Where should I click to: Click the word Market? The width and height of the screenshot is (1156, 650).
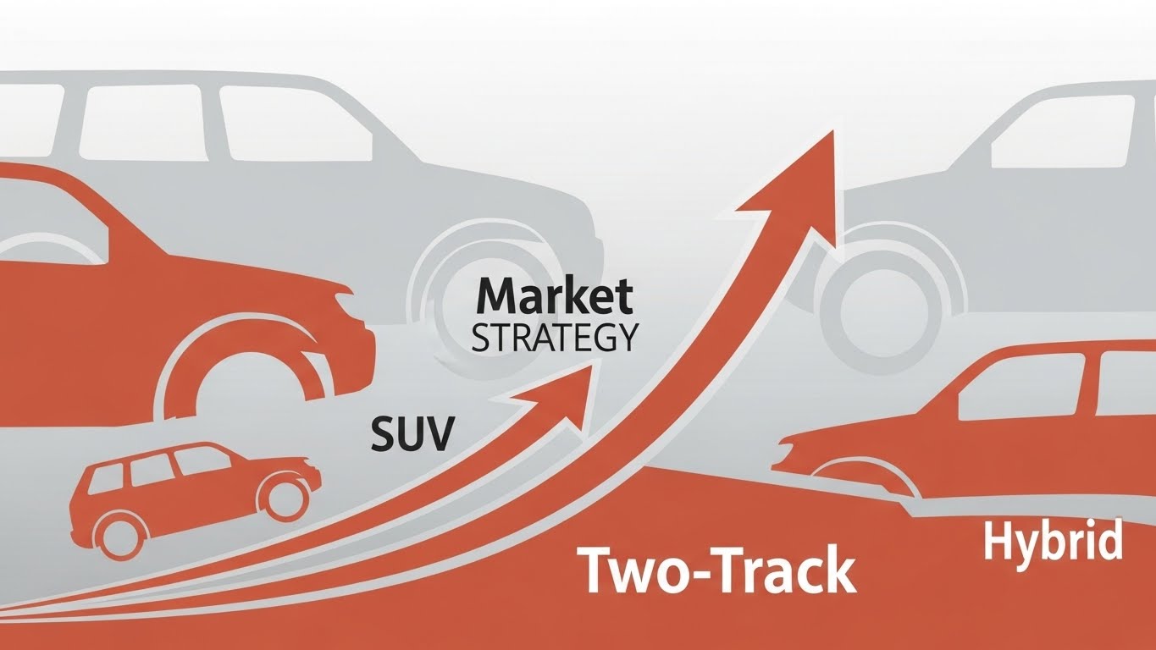pos(555,299)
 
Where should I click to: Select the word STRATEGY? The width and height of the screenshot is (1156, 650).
pos(554,339)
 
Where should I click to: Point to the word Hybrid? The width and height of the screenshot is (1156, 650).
pos(1054,542)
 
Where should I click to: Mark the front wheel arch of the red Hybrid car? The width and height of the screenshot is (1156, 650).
pos(864,478)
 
